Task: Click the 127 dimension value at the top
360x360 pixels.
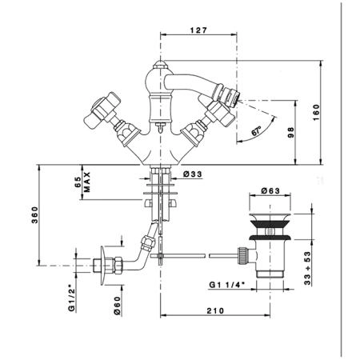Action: pos(198,30)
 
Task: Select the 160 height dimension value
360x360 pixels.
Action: pos(316,112)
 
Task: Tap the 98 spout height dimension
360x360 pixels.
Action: pos(291,132)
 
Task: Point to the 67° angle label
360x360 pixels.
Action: pos(256,132)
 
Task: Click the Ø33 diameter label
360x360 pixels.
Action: pos(193,174)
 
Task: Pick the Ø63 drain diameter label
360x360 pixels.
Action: pos(270,191)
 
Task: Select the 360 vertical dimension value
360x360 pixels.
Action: pos(35,215)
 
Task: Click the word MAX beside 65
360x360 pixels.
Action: pos(87,182)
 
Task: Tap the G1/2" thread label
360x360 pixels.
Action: pos(71,298)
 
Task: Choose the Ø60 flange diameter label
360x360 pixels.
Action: pos(118,305)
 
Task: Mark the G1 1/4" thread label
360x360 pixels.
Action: pos(226,285)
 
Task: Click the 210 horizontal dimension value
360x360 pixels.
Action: pos(215,310)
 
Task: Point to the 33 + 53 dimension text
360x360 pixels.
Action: pos(307,268)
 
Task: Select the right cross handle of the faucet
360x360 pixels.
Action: pos(218,110)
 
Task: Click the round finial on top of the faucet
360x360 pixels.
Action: pos(160,65)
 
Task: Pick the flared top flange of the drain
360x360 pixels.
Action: pos(270,217)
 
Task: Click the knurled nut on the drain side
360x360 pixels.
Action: pos(242,255)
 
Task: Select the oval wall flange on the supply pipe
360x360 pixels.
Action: pos(103,266)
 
